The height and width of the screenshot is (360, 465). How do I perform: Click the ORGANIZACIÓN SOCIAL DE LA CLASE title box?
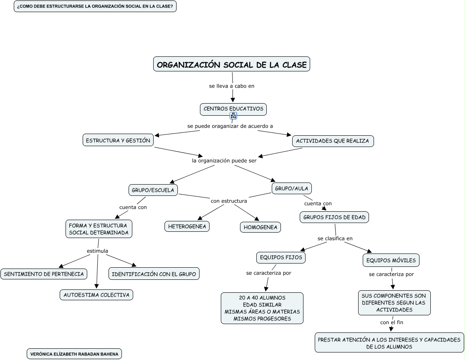232,64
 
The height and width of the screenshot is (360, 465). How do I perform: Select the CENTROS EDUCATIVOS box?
233,109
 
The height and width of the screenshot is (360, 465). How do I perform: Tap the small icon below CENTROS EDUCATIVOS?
233,116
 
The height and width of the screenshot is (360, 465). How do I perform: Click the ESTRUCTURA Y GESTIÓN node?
118,141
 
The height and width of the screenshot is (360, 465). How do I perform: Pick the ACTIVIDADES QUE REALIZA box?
332,141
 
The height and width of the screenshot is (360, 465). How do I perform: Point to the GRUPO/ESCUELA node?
153,190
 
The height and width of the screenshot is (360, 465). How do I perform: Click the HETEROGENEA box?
187,226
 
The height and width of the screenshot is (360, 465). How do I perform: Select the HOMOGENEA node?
260,227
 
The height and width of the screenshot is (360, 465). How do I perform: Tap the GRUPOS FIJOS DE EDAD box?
334,217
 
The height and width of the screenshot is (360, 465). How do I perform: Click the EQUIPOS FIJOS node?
281,258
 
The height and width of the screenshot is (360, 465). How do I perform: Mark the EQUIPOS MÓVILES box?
391,261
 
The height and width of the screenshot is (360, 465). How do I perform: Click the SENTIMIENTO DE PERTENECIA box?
44,274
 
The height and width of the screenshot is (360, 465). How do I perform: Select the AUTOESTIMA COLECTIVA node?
96,295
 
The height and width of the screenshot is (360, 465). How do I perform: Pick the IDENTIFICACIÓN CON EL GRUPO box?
154,274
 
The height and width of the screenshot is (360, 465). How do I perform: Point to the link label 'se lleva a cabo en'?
232,86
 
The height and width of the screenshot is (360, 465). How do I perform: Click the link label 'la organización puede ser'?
224,160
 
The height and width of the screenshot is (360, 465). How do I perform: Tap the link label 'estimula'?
97,251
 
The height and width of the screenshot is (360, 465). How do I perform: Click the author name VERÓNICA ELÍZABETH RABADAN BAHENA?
74,354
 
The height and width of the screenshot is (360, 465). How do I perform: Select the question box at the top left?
95,7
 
